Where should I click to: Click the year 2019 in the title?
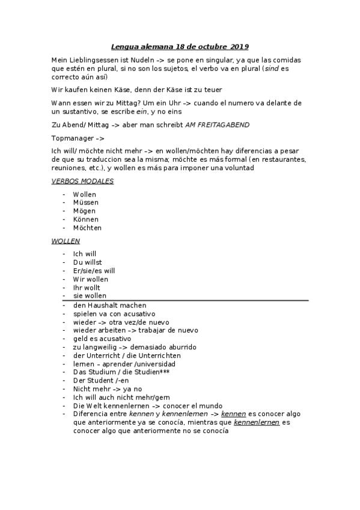click(239, 46)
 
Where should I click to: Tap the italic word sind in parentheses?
click(272, 69)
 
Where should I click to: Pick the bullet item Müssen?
click(86, 203)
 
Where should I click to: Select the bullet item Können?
click(87, 220)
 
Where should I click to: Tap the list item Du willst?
click(87, 262)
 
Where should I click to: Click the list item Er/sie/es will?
click(94, 271)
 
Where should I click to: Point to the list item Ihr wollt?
click(86, 287)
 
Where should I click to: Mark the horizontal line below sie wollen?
click(186, 300)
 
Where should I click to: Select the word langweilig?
click(100, 347)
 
